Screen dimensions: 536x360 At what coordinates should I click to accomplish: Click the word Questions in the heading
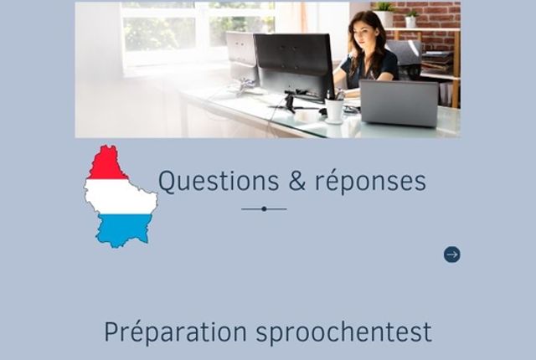(x=219, y=182)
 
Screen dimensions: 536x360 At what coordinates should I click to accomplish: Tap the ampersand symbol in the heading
(x=296, y=181)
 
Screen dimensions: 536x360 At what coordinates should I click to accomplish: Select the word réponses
(x=370, y=182)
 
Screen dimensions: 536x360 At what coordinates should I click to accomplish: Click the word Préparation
(x=175, y=332)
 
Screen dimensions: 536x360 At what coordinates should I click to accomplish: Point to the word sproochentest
(x=344, y=332)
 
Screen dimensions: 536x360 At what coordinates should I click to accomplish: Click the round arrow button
(x=452, y=255)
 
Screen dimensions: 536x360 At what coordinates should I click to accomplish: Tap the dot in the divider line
(x=264, y=208)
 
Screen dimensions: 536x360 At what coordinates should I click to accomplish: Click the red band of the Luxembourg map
(x=108, y=164)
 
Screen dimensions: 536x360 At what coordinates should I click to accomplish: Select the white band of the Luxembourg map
(x=121, y=197)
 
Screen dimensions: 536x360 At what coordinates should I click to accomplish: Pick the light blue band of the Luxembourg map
(x=124, y=229)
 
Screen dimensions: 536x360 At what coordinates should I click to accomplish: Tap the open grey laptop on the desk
(x=399, y=102)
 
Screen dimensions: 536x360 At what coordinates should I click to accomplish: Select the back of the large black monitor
(x=294, y=65)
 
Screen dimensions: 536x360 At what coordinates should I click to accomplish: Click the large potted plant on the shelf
(x=384, y=13)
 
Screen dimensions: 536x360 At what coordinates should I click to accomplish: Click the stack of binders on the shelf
(x=437, y=62)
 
